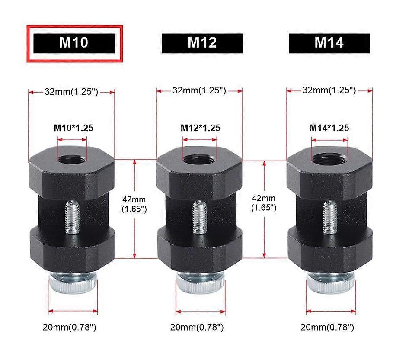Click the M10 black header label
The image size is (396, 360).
(73, 43)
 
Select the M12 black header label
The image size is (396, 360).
(202, 43)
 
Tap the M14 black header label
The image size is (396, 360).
(329, 43)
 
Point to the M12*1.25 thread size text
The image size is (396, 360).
(200, 128)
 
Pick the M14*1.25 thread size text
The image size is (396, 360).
(329, 128)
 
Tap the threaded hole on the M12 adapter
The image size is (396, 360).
(199, 158)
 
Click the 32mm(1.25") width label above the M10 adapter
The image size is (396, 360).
(72, 91)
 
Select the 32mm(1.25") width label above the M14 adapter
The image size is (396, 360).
(329, 90)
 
